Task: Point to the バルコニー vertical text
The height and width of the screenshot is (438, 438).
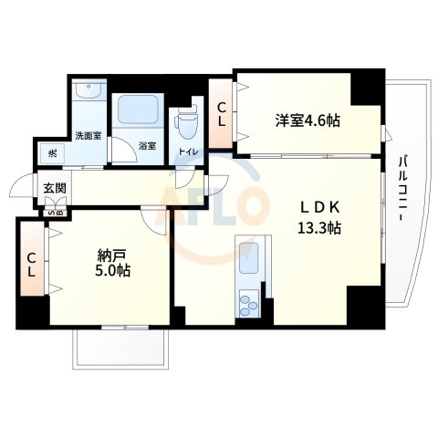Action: tap(401, 193)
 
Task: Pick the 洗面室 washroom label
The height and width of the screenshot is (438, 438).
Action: tap(88, 136)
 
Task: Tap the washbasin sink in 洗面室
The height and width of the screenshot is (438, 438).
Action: tap(89, 93)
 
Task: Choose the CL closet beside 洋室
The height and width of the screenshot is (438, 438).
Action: tap(222, 114)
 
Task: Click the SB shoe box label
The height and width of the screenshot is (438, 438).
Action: tap(57, 214)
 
